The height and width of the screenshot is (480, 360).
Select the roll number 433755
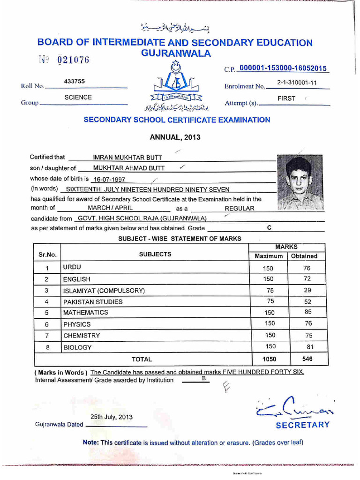74,81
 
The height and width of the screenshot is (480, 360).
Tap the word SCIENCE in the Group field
78,97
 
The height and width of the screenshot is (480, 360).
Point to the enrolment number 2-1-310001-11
297,82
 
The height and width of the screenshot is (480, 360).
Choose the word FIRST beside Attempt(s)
286,98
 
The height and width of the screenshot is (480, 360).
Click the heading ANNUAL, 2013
175,137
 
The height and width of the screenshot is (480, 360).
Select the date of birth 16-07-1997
109,179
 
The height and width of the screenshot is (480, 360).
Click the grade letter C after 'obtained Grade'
269,227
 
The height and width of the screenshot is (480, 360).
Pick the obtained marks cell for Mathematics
307,311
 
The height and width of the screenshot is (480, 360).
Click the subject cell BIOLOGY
77,347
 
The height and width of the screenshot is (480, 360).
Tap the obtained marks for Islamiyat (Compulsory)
307,290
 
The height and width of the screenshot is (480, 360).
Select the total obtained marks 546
307,359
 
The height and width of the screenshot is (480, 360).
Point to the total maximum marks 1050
269,359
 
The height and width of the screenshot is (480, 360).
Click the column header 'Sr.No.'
47,255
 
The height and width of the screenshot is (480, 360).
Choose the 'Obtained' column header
304,256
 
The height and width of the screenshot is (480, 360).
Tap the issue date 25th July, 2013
112,417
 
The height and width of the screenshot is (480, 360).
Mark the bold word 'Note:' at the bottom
90,442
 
